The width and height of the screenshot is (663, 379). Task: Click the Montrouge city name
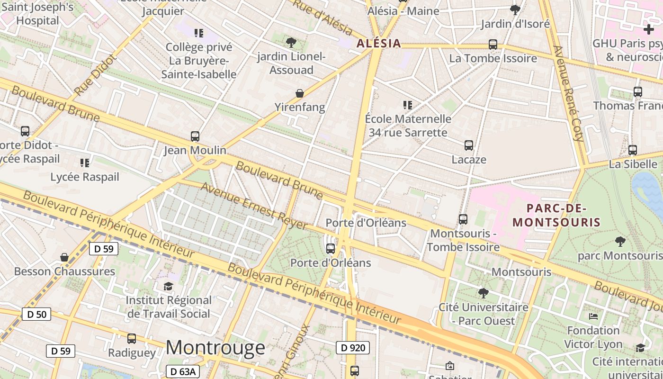click(215, 347)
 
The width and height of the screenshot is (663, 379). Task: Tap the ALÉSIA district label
click(378, 44)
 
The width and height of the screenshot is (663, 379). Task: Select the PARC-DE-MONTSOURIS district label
click(556, 215)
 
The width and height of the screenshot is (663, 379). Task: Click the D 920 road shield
click(352, 348)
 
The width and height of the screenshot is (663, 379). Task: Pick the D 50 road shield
click(36, 314)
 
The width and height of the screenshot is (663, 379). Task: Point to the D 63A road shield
click(183, 371)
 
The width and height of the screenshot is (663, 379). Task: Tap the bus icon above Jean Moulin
click(195, 136)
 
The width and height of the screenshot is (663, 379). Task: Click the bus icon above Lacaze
click(469, 145)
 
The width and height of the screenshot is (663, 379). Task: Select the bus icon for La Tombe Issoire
click(493, 45)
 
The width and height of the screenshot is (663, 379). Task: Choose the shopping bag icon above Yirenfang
click(300, 93)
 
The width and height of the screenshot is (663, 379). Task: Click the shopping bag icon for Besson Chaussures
click(64, 257)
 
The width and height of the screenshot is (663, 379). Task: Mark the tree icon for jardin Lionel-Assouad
click(291, 43)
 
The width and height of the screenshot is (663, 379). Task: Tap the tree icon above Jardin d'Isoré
click(515, 9)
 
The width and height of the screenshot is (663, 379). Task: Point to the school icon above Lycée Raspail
click(85, 163)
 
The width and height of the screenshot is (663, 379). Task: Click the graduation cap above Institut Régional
click(169, 286)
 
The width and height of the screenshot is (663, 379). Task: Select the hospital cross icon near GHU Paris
click(649, 29)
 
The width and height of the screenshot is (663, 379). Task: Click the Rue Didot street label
click(95, 75)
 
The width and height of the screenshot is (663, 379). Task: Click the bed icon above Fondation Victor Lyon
click(593, 316)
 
